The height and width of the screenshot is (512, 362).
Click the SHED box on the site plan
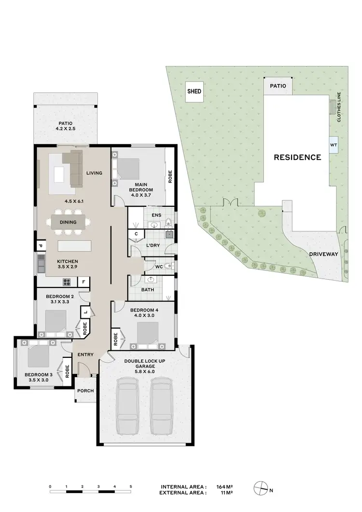point(194,91)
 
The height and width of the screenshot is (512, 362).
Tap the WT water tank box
point(333,144)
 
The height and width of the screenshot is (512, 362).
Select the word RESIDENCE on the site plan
point(297,157)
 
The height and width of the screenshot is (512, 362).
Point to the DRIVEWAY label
point(323,254)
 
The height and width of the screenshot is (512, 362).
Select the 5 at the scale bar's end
point(131,486)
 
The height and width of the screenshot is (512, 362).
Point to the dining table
point(68,222)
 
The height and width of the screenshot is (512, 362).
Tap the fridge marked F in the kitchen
point(84,281)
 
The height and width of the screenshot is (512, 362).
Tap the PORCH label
point(85,391)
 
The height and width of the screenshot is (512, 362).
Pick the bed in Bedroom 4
point(146,334)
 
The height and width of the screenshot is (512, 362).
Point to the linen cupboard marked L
point(86,312)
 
